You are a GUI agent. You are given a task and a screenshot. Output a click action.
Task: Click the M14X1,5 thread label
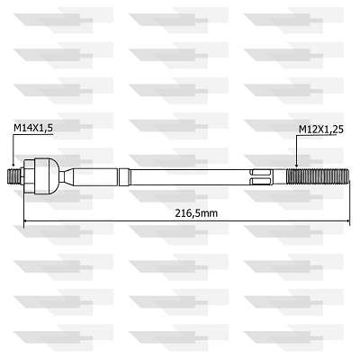point(33,128)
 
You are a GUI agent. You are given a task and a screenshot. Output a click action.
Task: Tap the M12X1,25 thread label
point(321,130)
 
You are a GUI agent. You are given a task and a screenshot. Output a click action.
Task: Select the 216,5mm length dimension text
point(196,213)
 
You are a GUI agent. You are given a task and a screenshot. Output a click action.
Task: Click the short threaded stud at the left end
point(14,177)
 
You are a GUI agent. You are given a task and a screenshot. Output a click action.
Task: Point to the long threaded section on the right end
point(318,177)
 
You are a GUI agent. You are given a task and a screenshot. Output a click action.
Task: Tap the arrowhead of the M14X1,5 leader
point(13,164)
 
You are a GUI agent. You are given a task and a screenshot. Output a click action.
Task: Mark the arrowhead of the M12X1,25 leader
point(296,164)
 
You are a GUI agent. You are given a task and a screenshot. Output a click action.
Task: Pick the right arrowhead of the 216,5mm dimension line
point(347,221)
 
